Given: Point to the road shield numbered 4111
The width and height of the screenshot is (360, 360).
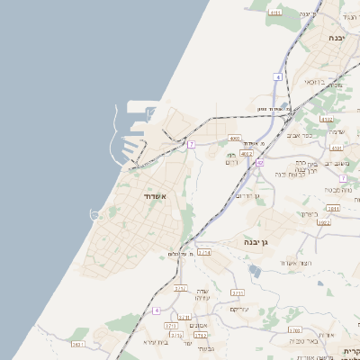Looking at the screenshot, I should click(275, 13).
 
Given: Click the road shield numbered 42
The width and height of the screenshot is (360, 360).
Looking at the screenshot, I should click(259, 163).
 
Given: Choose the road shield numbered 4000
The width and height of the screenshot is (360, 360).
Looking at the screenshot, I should click(235, 139).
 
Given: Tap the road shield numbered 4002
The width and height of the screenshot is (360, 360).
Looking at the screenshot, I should click(247, 154).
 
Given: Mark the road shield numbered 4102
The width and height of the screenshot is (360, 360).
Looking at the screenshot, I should click(327, 118).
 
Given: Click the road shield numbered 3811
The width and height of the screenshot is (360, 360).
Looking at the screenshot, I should click(333, 208).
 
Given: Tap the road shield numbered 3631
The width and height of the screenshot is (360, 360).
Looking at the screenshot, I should click(180, 289).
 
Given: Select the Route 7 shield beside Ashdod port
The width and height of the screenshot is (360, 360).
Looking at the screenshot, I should click(191, 144).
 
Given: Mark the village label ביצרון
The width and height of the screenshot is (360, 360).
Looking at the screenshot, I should click(309, 214).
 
